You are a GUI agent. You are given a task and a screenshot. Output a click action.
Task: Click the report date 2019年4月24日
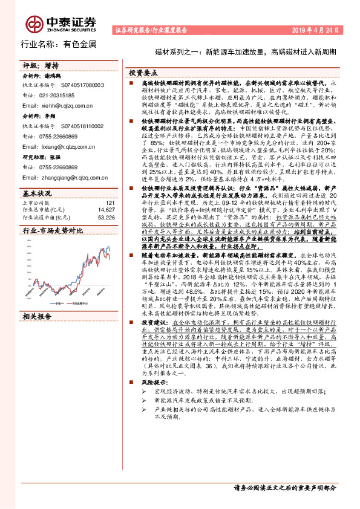(315, 29)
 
